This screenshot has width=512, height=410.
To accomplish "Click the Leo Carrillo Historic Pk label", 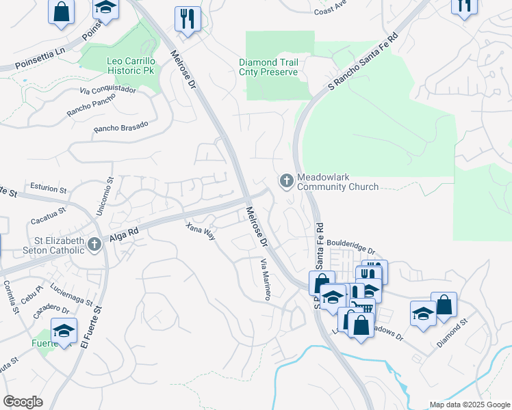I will coord(133,66).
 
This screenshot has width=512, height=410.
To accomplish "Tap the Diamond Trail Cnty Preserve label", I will coord(268,67).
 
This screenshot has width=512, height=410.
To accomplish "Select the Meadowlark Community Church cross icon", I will coord(285,181).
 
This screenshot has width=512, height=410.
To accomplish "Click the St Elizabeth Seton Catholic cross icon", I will coord(93,245).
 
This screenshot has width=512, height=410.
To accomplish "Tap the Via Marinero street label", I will coord(266,278).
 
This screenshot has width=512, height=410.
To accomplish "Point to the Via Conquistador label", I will coord(107,90).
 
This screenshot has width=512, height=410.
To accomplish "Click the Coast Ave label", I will coord(331,11).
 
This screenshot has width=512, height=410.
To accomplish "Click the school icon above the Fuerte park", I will coord(64,332).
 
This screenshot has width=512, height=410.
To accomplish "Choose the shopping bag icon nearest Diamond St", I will coord(444,304).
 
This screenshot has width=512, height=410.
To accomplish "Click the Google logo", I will coord(23,401).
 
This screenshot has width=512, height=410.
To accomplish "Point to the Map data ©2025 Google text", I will coord(470,405).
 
